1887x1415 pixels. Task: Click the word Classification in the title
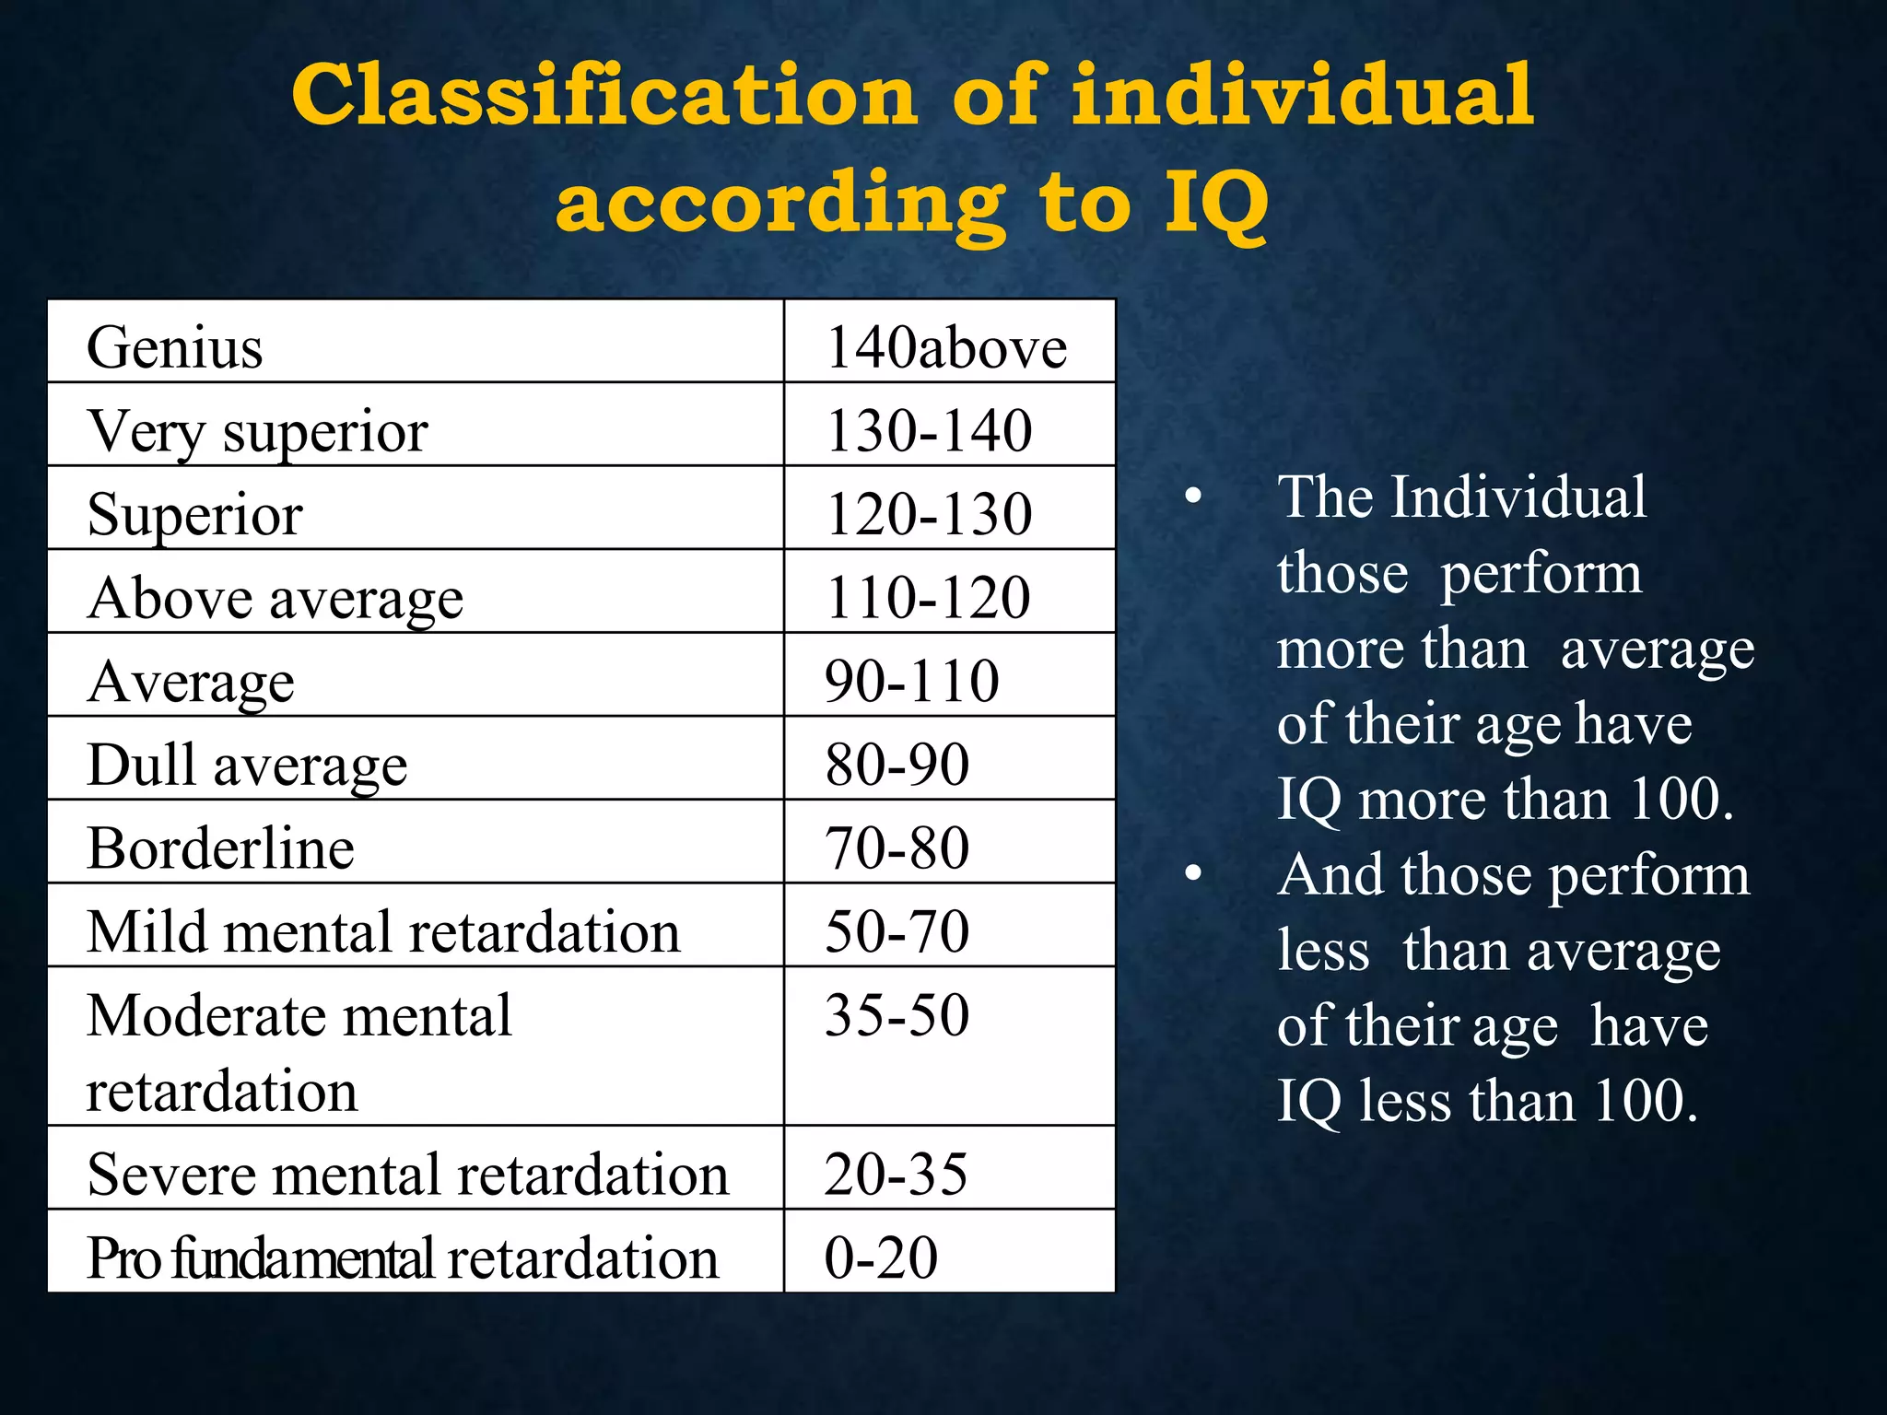(x=604, y=96)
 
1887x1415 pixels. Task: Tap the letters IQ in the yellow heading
(x=1216, y=205)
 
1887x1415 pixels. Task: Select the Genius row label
(x=175, y=348)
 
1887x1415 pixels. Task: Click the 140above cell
(x=946, y=348)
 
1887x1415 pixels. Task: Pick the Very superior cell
(x=257, y=431)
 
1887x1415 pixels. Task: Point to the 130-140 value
(x=929, y=431)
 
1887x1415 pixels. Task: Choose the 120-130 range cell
(x=929, y=514)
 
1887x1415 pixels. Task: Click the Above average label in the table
(x=275, y=599)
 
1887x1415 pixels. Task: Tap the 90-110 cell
(x=912, y=682)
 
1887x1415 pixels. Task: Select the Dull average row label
(x=247, y=766)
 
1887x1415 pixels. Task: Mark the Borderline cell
(x=220, y=848)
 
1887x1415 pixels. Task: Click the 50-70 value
(x=897, y=931)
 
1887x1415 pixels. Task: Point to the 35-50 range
(x=897, y=1016)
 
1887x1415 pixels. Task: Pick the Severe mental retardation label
(x=407, y=1175)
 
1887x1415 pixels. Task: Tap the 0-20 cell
(x=881, y=1257)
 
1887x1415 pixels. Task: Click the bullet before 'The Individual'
(x=1194, y=497)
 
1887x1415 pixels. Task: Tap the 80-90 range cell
(x=897, y=766)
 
